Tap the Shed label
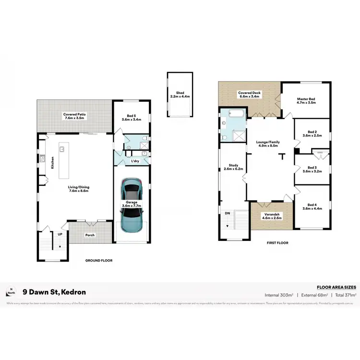[x=180, y=95]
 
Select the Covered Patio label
[x=74, y=116]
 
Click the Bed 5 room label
[x=131, y=117]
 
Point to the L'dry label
[x=135, y=161]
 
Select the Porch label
[x=90, y=235]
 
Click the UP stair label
[x=60, y=235]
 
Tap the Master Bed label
[x=305, y=101]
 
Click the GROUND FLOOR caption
[x=98, y=260]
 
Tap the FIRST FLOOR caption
[x=277, y=243]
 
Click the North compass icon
[x=11, y=292]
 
